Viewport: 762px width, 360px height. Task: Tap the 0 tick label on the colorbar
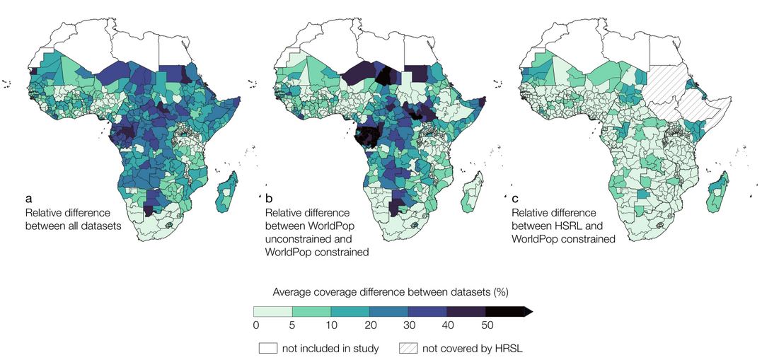coord(254,325)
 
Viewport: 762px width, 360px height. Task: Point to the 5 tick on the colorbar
coord(293,325)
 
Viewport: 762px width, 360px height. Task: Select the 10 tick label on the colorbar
coord(331,325)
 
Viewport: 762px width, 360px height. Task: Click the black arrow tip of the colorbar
coord(528,311)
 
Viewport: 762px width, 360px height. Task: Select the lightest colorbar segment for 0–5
coord(273,311)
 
